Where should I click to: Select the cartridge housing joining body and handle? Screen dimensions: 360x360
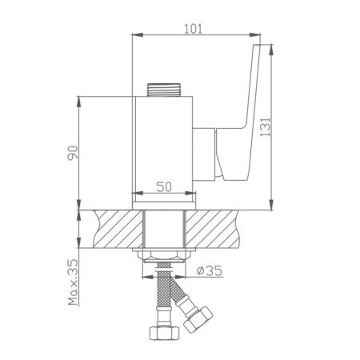tap(206, 152)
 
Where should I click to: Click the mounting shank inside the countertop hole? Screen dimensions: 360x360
tap(163, 228)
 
